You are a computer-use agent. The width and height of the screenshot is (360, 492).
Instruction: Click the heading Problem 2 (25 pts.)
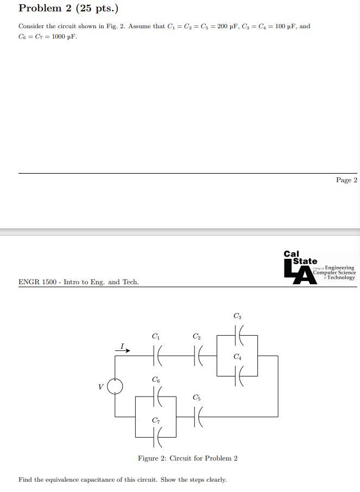click(68, 9)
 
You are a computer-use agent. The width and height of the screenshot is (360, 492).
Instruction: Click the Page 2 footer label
click(346, 180)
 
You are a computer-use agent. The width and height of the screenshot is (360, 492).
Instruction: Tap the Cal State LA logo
click(300, 267)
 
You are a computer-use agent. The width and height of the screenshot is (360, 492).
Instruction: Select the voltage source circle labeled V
click(115, 386)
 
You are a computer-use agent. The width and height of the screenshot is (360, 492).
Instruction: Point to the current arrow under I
click(123, 350)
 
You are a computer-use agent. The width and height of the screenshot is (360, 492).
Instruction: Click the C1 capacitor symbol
click(156, 356)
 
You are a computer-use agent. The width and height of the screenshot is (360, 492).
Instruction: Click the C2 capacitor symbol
click(197, 356)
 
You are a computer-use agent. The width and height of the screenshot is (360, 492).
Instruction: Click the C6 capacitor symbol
click(156, 397)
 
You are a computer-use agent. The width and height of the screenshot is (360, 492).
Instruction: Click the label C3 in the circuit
click(237, 316)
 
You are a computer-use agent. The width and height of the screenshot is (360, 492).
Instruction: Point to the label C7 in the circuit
click(156, 421)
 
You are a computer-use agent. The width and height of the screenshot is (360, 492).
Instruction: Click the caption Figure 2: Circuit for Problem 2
click(187, 458)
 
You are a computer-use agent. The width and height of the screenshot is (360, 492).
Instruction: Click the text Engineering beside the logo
click(339, 267)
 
